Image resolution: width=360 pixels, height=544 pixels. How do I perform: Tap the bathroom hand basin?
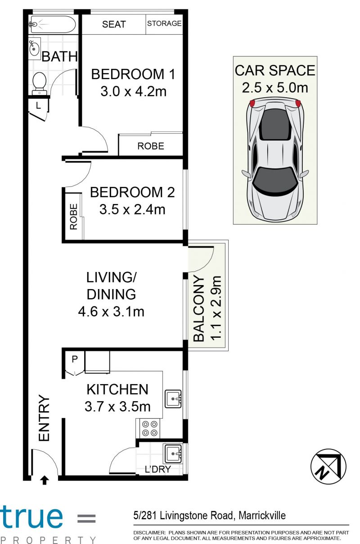(35, 48)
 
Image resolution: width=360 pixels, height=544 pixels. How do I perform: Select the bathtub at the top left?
(52, 24)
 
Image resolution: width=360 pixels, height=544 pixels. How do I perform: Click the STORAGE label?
(164, 23)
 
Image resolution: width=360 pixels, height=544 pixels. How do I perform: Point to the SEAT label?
(114, 24)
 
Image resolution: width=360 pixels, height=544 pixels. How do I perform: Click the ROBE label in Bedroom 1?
(151, 146)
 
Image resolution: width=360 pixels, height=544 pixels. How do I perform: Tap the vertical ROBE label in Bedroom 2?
(73, 217)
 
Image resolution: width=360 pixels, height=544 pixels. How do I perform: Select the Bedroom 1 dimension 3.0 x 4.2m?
(134, 91)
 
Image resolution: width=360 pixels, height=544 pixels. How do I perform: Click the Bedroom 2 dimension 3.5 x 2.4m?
(132, 209)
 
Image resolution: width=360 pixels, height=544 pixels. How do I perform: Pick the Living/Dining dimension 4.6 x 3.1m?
(111, 312)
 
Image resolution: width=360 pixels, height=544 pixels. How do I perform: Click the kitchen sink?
(173, 399)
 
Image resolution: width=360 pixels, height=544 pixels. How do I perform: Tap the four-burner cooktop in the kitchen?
(150, 429)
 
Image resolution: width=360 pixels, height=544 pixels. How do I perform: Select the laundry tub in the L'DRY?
(173, 453)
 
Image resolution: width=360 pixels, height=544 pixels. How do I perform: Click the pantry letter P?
(75, 359)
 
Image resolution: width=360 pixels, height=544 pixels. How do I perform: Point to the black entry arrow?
(45, 480)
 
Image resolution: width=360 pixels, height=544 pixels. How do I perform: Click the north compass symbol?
(328, 467)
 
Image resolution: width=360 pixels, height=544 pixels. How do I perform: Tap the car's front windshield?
(275, 180)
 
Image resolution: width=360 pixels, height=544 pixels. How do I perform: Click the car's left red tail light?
(252, 103)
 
